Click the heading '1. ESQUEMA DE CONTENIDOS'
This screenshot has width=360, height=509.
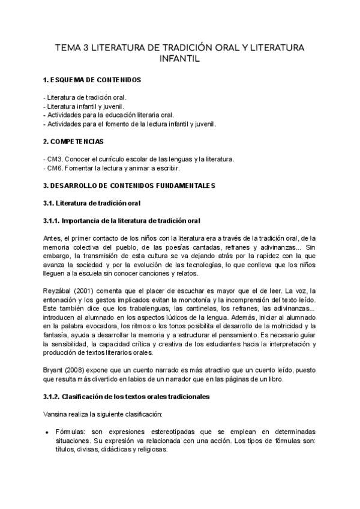coord(93,80)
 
